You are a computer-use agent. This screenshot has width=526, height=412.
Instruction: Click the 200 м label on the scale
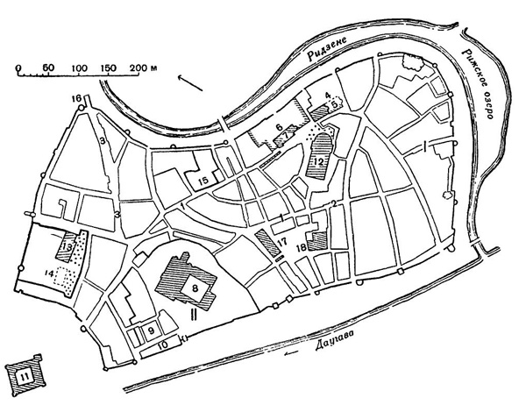click(x=146, y=67)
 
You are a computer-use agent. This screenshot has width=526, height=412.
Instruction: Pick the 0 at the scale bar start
click(x=18, y=67)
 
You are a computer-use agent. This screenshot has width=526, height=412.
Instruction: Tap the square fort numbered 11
click(x=23, y=378)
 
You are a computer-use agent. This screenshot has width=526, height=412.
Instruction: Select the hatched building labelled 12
click(x=322, y=160)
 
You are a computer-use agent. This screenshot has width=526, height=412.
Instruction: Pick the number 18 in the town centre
click(x=302, y=249)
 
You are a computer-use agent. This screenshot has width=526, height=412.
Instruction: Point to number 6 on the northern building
click(x=279, y=129)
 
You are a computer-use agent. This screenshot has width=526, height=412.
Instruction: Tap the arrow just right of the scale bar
click(x=187, y=78)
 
